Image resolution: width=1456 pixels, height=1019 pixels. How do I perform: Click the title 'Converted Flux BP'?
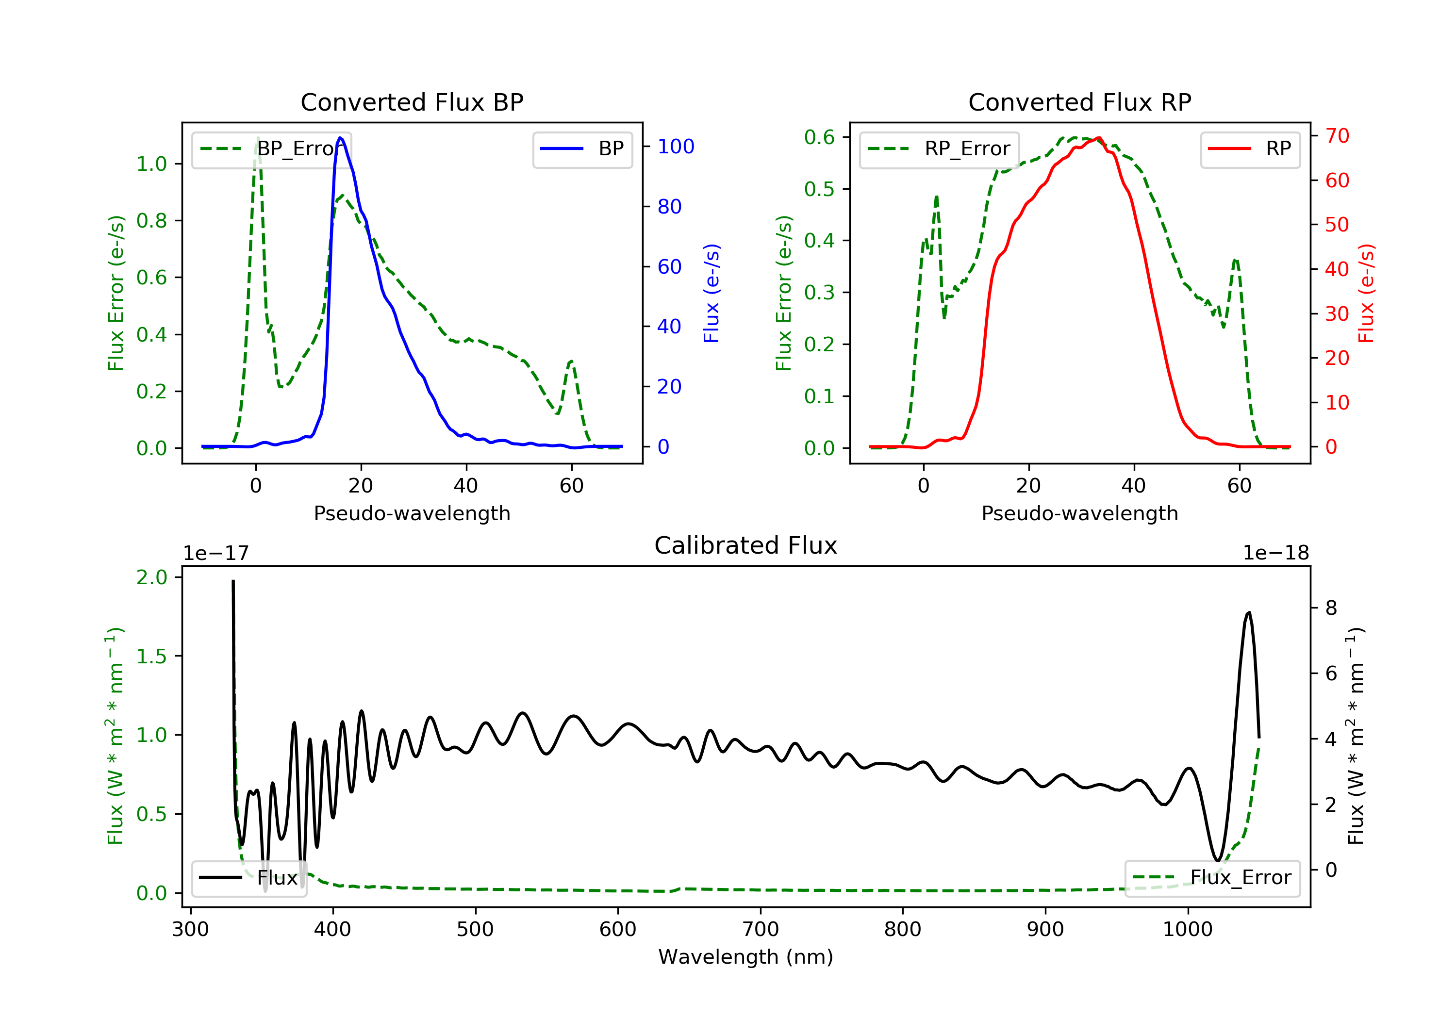[412, 102]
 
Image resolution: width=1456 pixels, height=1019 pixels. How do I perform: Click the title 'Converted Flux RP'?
[1079, 102]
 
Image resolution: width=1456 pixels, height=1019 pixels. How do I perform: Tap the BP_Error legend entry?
[271, 149]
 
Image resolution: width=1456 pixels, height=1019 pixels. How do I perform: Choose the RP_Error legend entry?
[939, 149]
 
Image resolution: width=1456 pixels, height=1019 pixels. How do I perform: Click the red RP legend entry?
[1250, 149]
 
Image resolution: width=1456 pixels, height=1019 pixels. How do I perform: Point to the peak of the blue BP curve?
[341, 138]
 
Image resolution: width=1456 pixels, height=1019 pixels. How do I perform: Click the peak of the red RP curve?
[1098, 138]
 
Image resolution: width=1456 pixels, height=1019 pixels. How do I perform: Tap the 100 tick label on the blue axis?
[676, 147]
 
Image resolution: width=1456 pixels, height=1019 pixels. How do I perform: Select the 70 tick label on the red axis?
[1337, 136]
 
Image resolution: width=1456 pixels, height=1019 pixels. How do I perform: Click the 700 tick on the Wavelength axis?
[761, 930]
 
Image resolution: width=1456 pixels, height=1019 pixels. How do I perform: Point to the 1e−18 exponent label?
[1276, 553]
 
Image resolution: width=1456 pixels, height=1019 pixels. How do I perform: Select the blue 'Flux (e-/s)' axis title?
[711, 293]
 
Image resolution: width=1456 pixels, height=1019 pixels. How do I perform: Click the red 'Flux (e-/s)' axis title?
[1366, 293]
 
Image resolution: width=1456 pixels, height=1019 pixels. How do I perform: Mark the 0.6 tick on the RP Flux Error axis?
[819, 137]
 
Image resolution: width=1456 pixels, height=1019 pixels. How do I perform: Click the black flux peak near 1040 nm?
[1249, 612]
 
